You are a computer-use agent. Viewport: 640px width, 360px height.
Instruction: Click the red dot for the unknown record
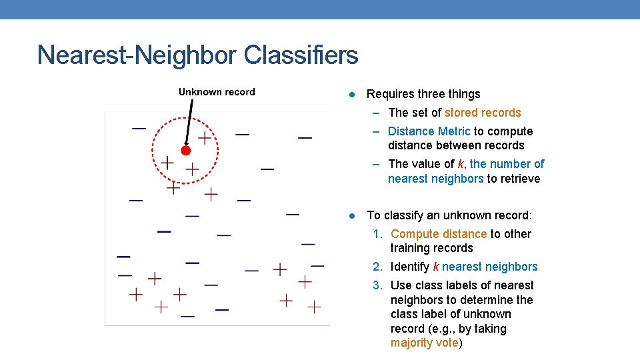pos(186,151)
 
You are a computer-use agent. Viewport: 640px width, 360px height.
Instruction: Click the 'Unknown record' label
pos(217,92)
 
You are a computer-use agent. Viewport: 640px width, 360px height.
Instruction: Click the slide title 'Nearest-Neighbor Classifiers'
pos(197,55)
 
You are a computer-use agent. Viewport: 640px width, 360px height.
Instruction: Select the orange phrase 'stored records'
pos(483,113)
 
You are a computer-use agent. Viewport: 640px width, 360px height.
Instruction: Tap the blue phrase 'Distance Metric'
pos(429,131)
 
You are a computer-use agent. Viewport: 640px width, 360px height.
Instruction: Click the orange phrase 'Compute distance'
pos(439,234)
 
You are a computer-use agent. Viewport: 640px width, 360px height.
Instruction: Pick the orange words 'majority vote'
pos(424,343)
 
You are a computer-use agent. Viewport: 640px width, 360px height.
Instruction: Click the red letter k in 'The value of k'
pos(461,164)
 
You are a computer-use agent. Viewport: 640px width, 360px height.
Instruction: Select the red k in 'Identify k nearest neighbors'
pos(435,267)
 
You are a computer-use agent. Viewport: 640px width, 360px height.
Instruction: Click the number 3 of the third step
pos(377,285)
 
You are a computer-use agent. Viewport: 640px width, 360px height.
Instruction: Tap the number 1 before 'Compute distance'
pos(377,234)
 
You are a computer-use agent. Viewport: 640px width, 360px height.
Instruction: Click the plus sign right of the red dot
pos(204,138)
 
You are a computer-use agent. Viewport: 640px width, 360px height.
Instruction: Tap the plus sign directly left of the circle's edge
pos(167,162)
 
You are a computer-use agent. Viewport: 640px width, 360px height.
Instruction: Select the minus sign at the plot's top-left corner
pos(139,127)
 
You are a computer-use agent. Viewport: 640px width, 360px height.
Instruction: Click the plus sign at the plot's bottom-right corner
pos(314,307)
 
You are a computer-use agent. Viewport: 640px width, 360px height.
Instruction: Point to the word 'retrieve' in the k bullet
pos(519,179)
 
